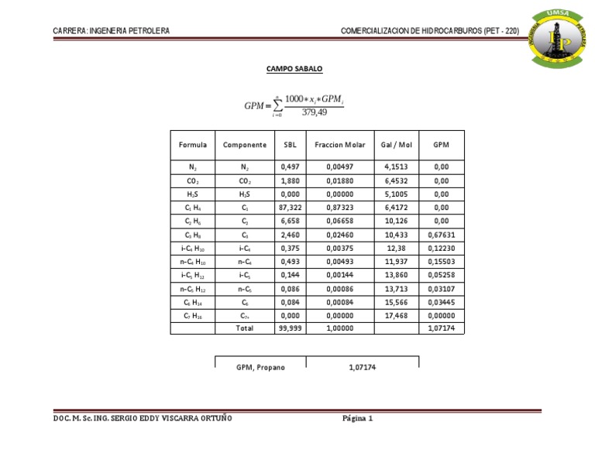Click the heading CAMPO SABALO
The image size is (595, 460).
point(294,69)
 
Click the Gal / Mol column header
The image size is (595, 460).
point(397,145)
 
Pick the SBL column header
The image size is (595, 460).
point(290,145)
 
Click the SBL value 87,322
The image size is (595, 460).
point(290,208)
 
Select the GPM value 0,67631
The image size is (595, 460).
point(441,235)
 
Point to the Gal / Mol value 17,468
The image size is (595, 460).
point(397,316)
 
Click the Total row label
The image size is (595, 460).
point(244,328)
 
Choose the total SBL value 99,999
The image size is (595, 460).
point(290,328)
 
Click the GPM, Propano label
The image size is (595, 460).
point(260,367)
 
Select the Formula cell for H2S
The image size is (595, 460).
point(192,194)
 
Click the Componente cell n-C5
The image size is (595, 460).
point(244,289)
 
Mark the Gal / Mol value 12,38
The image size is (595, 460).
point(397,249)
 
